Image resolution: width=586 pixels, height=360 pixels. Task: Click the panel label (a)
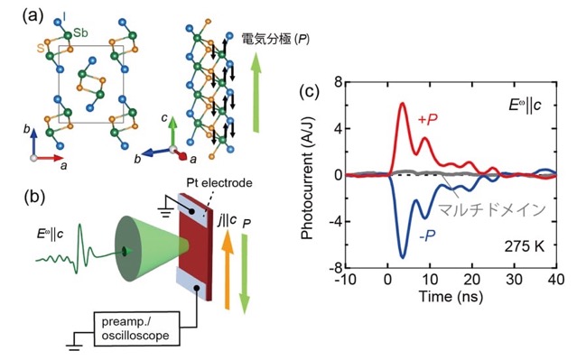[x=33, y=16]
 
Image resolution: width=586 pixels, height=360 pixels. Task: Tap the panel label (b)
[x=34, y=197]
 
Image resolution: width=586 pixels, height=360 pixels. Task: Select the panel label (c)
[x=310, y=91]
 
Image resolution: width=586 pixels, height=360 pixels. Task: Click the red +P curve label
[x=428, y=119]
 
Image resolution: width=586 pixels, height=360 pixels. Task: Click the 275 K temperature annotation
[x=525, y=246]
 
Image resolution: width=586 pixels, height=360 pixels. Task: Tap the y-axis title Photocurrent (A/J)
[x=308, y=178]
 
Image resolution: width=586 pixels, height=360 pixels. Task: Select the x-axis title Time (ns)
[x=451, y=297]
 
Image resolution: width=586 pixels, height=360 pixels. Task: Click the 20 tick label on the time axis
[x=472, y=280]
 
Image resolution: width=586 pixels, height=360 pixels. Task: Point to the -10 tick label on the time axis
[x=345, y=280]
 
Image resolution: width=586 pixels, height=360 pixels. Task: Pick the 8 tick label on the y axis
[x=339, y=82]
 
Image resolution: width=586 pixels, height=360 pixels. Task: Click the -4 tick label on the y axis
[x=336, y=221]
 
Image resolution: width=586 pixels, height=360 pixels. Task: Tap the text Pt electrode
[x=219, y=182]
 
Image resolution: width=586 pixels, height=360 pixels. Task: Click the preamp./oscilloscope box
[x=136, y=328]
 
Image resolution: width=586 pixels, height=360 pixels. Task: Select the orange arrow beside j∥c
[x=227, y=270]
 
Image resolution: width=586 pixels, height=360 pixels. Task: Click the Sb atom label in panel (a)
[x=80, y=32]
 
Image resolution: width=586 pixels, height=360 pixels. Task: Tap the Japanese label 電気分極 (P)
[x=275, y=39]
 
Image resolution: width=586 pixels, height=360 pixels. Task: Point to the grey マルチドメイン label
[x=492, y=210]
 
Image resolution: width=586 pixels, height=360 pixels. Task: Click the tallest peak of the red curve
[x=403, y=103]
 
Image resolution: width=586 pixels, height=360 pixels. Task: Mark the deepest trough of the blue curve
[x=403, y=258]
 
